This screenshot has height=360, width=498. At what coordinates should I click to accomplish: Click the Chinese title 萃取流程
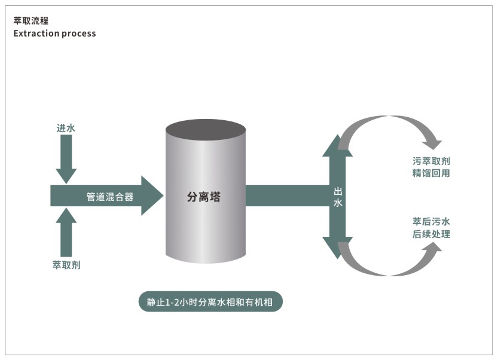[30, 21]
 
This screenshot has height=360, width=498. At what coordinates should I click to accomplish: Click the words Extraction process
[54, 33]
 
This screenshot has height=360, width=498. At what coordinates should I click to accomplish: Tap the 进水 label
[66, 128]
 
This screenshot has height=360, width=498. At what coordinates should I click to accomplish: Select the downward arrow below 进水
[66, 158]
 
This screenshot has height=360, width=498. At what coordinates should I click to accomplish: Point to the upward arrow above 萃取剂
[66, 230]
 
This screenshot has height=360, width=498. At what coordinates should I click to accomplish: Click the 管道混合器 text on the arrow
[110, 196]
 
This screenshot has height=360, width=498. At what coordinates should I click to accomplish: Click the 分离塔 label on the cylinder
[204, 197]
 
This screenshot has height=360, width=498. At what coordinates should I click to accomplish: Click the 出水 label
[338, 197]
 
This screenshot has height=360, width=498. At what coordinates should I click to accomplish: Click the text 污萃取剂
[430, 161]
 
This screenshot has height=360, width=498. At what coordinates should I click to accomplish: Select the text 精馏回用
[430, 173]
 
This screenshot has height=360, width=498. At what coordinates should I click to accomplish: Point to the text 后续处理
[430, 234]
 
